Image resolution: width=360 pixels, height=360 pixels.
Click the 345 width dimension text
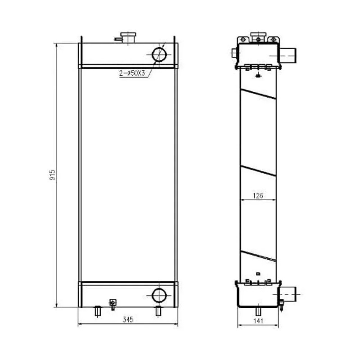(x=128, y=319)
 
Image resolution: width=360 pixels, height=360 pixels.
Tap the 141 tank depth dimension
(x=258, y=320)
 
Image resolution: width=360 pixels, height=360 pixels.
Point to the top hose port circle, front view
(x=159, y=54)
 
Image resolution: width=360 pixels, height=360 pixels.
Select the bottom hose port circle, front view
(x=159, y=295)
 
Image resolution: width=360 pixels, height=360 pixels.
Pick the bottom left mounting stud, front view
(x=97, y=310)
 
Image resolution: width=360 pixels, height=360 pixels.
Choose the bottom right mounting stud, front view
(x=158, y=310)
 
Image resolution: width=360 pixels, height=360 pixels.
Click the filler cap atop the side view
(x=257, y=36)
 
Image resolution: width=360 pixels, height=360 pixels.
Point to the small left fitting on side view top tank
(x=233, y=53)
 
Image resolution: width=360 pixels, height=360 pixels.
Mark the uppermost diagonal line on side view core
(x=258, y=94)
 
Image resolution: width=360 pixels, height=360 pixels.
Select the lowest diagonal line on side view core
(x=258, y=256)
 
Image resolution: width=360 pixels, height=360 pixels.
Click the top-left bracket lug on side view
(x=243, y=40)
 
